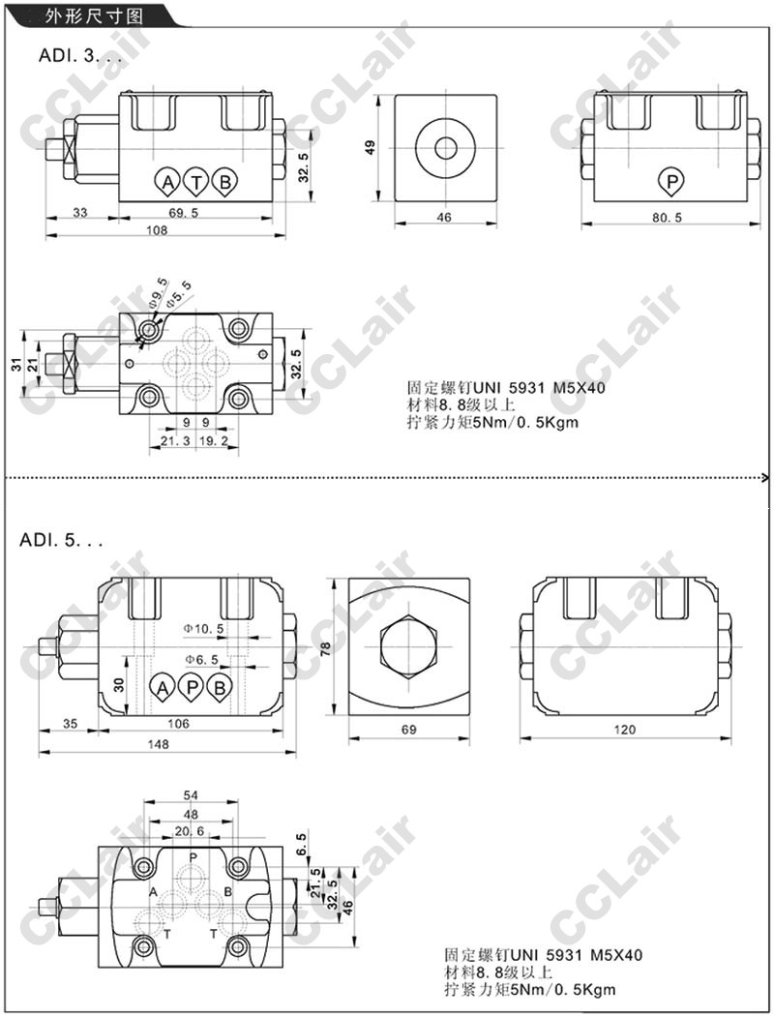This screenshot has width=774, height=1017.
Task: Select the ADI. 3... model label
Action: click(x=78, y=55)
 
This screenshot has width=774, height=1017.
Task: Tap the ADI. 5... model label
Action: click(x=61, y=540)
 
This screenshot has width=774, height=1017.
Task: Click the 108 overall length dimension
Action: click(x=157, y=229)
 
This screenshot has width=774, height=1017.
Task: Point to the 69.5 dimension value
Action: click(x=184, y=212)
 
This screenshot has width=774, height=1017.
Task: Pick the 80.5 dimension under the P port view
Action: click(x=667, y=218)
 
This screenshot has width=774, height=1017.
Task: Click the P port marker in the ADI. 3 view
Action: click(x=671, y=181)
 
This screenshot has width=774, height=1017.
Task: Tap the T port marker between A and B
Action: click(x=195, y=182)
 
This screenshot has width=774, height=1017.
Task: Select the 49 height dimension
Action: click(x=371, y=147)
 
